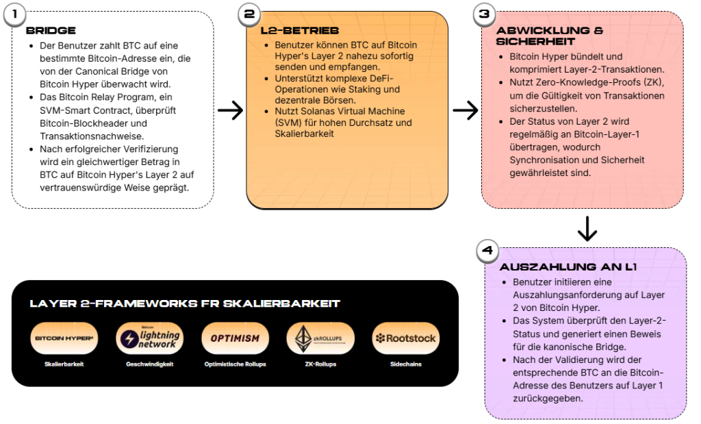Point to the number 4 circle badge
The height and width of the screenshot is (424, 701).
(487, 251)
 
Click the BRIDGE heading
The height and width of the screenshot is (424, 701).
(51, 31)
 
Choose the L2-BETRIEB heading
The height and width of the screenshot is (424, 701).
(300, 31)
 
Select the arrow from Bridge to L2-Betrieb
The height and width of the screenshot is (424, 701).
(230, 110)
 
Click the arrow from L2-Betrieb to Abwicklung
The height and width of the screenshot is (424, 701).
(466, 110)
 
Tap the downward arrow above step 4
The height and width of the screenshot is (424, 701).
(587, 229)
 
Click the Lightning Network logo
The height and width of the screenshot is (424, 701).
(149, 338)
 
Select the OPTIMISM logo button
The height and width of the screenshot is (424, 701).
(235, 338)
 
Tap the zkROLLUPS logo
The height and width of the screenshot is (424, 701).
(320, 338)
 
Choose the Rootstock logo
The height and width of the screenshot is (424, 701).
(405, 338)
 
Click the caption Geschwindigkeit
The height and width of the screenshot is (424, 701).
(149, 364)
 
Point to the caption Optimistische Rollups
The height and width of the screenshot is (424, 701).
(235, 364)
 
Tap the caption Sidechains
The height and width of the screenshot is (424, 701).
(405, 364)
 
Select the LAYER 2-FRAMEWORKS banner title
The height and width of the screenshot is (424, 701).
(185, 303)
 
